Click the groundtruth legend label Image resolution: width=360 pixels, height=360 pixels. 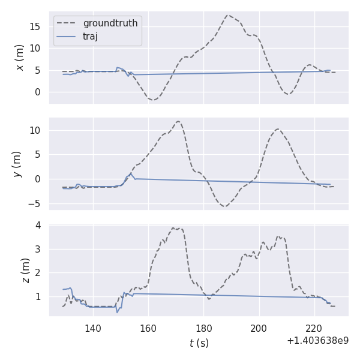click(110, 23)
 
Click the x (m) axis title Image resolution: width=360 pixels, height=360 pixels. click(20, 58)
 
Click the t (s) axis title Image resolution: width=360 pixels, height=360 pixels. click(199, 343)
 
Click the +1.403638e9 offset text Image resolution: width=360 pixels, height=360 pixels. click(317, 341)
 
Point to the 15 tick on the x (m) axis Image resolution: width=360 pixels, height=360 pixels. click(36, 26)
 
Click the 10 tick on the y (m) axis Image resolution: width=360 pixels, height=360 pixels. click(36, 130)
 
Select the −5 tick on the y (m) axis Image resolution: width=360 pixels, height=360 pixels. click(34, 204)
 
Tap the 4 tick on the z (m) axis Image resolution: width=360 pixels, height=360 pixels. click(38, 226)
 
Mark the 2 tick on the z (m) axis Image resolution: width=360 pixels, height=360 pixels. click(38, 273)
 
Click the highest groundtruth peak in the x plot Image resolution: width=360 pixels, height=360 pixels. click(228, 15)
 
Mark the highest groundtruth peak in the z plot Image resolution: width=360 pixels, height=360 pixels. click(173, 228)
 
